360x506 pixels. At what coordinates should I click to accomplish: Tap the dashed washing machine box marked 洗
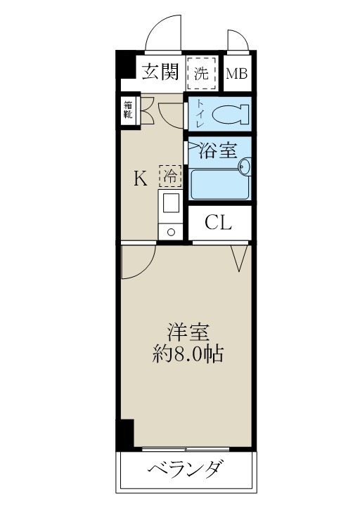click(x=202, y=73)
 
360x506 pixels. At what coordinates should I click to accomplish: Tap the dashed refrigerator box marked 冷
click(x=169, y=174)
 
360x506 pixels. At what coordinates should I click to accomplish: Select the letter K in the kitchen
click(x=141, y=179)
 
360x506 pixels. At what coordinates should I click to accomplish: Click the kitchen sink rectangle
click(x=171, y=205)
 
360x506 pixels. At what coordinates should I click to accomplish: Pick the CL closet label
click(x=218, y=223)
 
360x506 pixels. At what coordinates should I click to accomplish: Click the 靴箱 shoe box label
click(x=129, y=111)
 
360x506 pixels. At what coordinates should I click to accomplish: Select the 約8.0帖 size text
click(x=188, y=354)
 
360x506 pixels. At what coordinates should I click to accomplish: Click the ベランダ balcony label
click(x=186, y=469)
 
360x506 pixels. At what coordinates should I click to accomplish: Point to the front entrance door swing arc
click(x=165, y=32)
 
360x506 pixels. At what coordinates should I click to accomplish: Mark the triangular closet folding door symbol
click(x=239, y=257)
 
